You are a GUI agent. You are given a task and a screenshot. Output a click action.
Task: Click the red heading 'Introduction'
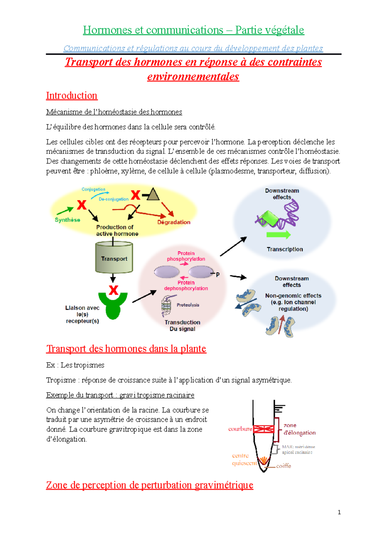click(x=72, y=96)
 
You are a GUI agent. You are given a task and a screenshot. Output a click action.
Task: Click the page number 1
click(x=339, y=512)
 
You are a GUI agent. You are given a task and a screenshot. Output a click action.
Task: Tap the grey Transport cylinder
click(x=114, y=258)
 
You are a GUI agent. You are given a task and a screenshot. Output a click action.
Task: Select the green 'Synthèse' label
click(x=67, y=220)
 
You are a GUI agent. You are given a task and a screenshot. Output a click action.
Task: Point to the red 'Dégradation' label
click(x=174, y=222)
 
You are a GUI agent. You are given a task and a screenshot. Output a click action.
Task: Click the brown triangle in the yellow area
click(x=153, y=195)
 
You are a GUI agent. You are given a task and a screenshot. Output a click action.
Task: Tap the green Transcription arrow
click(x=278, y=235)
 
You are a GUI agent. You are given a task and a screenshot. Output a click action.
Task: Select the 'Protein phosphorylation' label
click(x=186, y=256)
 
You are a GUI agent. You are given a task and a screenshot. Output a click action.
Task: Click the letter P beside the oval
click(x=218, y=275)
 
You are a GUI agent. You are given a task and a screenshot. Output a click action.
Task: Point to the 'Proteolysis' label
click(x=188, y=305)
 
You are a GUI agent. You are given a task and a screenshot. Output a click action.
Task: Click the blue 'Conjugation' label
click(x=93, y=189)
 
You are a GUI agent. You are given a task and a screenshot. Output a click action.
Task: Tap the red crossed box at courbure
click(x=263, y=429)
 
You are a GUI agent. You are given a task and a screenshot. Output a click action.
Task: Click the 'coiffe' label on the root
click(x=283, y=466)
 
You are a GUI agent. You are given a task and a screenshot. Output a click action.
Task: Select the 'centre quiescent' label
click(x=244, y=459)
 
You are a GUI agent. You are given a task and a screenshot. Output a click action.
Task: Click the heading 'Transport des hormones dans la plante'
click(x=126, y=349)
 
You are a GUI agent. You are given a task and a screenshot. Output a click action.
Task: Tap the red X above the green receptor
click(x=113, y=290)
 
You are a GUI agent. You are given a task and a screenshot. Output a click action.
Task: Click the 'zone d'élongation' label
click(x=299, y=429)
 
